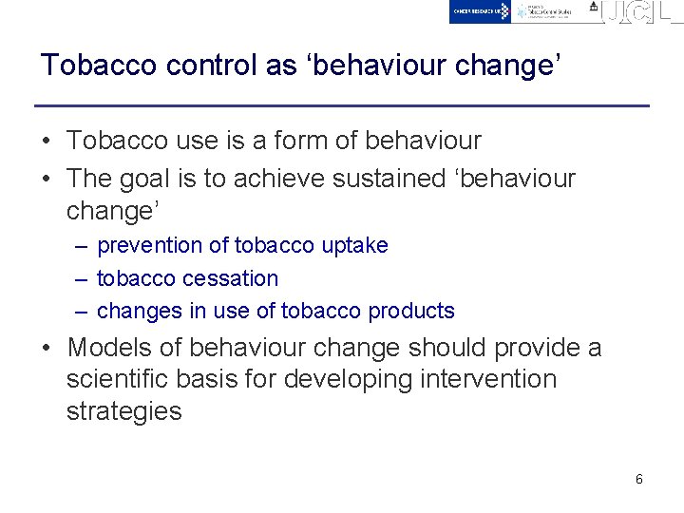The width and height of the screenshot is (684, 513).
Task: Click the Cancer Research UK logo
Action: pyautogui.click(x=480, y=11)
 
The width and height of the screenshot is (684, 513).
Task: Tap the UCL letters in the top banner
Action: pyautogui.click(x=643, y=12)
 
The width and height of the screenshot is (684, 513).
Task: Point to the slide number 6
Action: pyautogui.click(x=638, y=479)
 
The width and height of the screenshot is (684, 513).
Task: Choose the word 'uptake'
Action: pyautogui.click(x=354, y=245)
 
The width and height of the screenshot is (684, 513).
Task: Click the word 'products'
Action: pyautogui.click(x=411, y=311)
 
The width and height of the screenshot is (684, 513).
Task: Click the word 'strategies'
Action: pyautogui.click(x=123, y=411)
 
